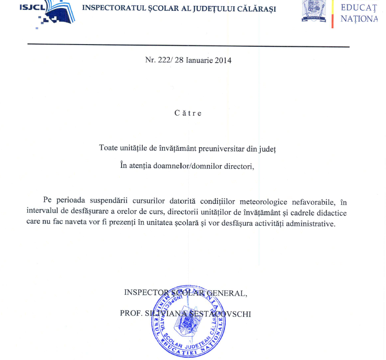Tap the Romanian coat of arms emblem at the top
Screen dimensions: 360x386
coord(313,10)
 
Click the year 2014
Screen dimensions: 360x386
coord(223,60)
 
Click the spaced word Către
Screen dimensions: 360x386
coord(188,113)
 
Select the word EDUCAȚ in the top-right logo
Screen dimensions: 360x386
coord(359,8)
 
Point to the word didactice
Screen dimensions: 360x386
coord(331,212)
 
